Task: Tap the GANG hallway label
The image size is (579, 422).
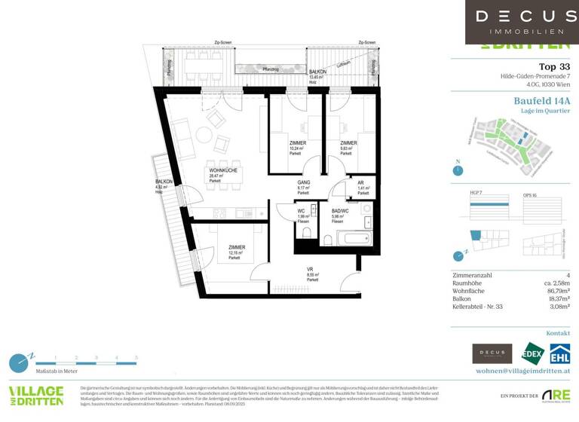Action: tap(304, 183)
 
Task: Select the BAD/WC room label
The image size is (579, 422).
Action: tap(339, 212)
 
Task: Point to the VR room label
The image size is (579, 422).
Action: tap(310, 269)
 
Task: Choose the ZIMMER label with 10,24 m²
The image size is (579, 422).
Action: tap(298, 143)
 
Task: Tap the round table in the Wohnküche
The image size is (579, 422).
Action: tap(204, 136)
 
